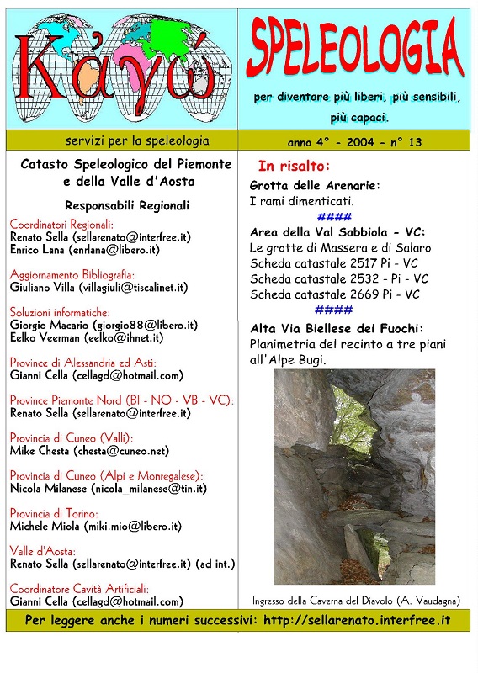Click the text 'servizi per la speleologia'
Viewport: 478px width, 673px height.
click(x=125, y=140)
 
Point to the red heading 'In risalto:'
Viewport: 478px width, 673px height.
click(x=294, y=166)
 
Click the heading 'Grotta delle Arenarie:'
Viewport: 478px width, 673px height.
click(x=316, y=185)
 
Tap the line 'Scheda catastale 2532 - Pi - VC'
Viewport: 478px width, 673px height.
click(x=339, y=278)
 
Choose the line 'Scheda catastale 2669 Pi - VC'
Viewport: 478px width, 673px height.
click(x=335, y=294)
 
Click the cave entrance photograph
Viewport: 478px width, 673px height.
click(x=354, y=476)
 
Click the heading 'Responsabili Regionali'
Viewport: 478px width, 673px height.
click(x=127, y=205)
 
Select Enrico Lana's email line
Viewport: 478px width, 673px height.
click(x=85, y=250)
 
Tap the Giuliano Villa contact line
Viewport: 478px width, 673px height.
click(x=98, y=287)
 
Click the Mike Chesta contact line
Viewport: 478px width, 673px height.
click(x=89, y=450)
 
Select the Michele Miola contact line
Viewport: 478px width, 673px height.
click(x=96, y=526)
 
